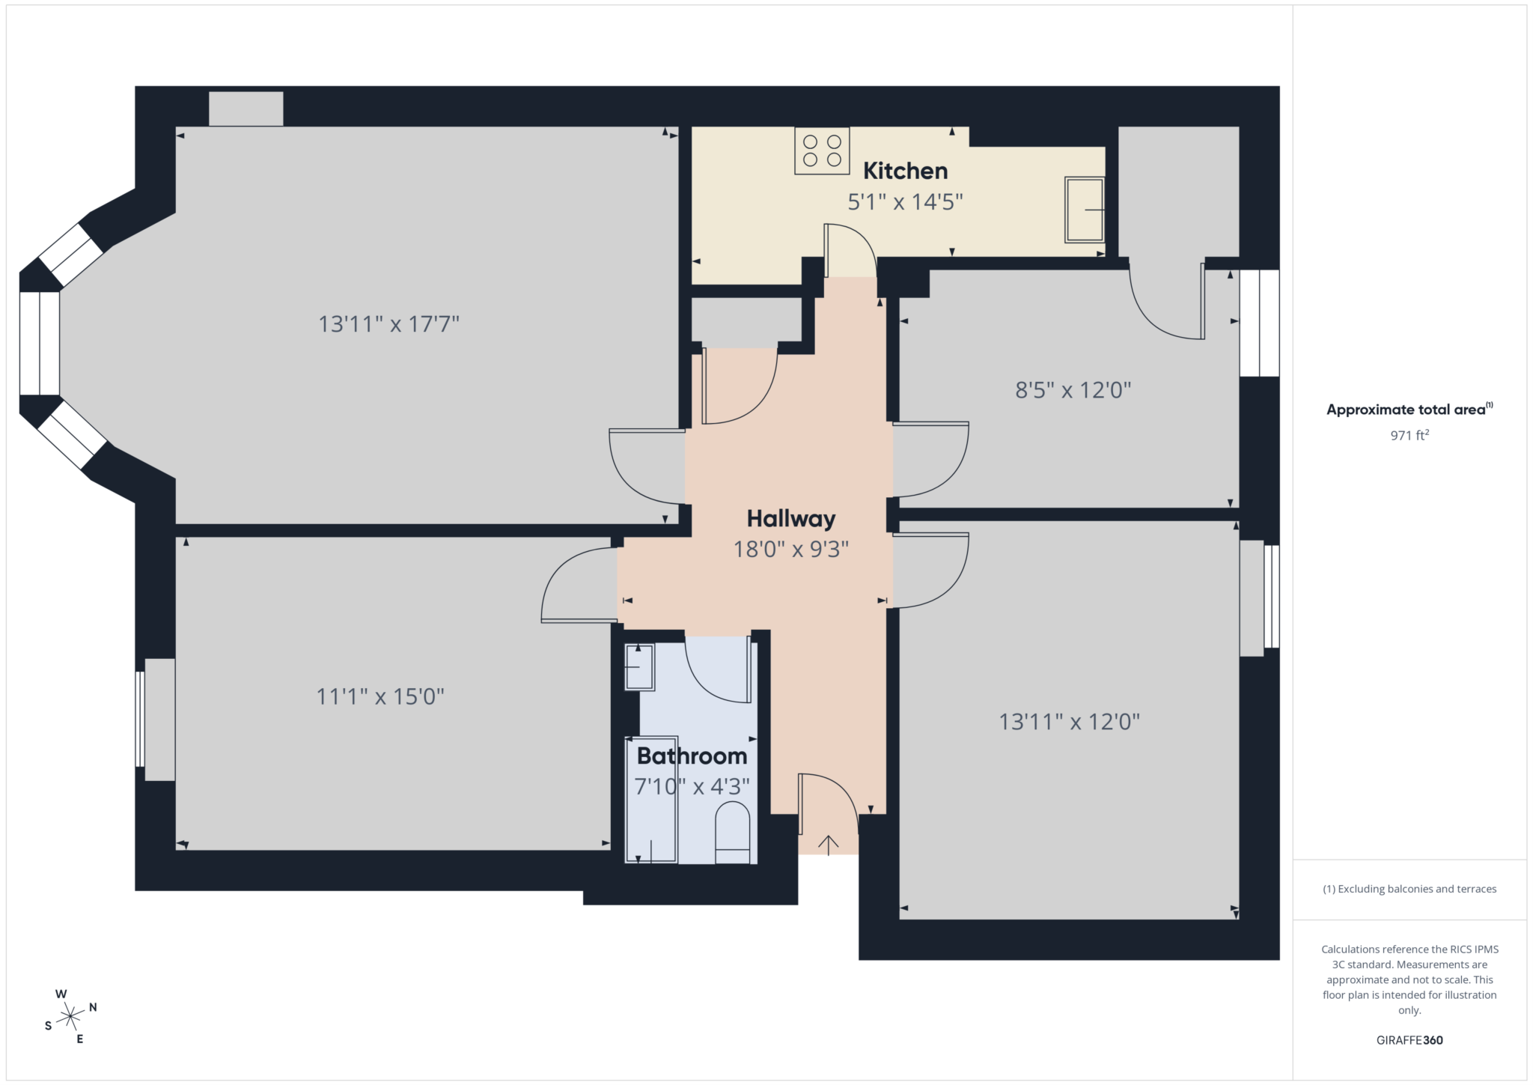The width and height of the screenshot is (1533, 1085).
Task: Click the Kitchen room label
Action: pyautogui.click(x=905, y=171)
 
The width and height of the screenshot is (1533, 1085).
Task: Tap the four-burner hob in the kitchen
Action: pyautogui.click(x=822, y=151)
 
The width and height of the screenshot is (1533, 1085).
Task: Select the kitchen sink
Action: pyautogui.click(x=1085, y=210)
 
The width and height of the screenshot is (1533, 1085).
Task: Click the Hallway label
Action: pyautogui.click(x=791, y=518)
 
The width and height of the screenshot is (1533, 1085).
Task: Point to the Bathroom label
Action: pyautogui.click(x=692, y=756)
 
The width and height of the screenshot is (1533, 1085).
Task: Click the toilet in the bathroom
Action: pyautogui.click(x=733, y=833)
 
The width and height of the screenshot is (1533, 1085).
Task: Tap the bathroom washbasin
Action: pyautogui.click(x=639, y=666)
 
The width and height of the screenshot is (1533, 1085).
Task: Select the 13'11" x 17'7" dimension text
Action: pyautogui.click(x=388, y=324)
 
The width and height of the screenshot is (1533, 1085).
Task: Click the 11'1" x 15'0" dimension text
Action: pyautogui.click(x=380, y=697)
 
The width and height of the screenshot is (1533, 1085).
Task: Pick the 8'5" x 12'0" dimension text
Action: pyautogui.click(x=1073, y=390)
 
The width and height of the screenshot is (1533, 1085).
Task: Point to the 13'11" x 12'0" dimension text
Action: pyautogui.click(x=1069, y=722)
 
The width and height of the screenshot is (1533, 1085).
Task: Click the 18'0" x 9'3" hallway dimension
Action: pyautogui.click(x=791, y=550)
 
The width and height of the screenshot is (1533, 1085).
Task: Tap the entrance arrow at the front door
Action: pyautogui.click(x=828, y=845)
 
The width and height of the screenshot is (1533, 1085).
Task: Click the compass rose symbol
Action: pyautogui.click(x=70, y=1016)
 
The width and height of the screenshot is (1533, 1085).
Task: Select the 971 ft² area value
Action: pyautogui.click(x=1409, y=435)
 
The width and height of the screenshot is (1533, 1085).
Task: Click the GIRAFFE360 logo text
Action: pyautogui.click(x=1409, y=1040)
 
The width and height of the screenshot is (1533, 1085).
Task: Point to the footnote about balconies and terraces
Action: pyautogui.click(x=1409, y=889)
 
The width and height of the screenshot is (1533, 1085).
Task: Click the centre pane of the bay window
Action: pyautogui.click(x=39, y=343)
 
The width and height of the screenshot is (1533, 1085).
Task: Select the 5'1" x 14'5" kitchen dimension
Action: pyautogui.click(x=905, y=202)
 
